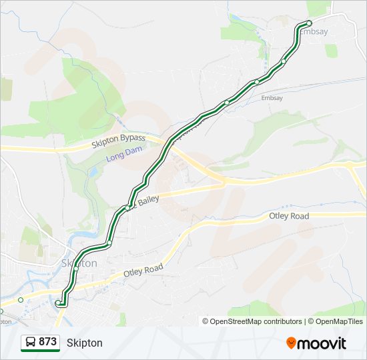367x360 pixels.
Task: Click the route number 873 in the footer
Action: pos(47,341)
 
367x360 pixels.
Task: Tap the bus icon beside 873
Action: pos(31,342)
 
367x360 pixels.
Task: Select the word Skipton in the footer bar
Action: pos(85,343)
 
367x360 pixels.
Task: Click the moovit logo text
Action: pos(322,343)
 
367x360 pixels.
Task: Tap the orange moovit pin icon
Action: pos(291,343)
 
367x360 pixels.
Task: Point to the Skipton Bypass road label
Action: pos(118,139)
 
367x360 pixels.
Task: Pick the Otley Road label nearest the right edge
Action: pos(288,217)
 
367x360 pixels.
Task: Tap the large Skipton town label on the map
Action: pos(79,263)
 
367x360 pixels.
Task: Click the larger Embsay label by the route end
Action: pos(314,31)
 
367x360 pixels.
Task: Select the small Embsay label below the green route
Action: pos(272,97)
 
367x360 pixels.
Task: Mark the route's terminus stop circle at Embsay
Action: pos(309,24)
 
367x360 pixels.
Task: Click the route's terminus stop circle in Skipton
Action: pos(58,303)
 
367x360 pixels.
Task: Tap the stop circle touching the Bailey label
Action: pos(127,208)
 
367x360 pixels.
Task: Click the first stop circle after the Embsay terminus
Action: pos(284,61)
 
